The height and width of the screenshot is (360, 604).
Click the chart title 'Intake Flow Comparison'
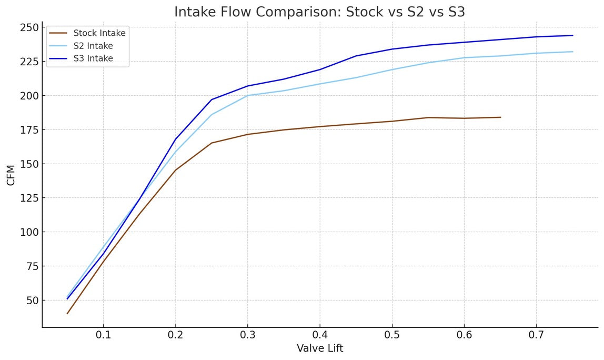click(x=319, y=12)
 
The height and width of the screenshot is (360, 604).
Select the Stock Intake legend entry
click(x=99, y=33)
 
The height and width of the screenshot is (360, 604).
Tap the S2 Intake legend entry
click(x=93, y=46)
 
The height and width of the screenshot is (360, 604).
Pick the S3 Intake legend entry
click(x=93, y=58)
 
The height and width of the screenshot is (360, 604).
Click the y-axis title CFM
click(x=11, y=175)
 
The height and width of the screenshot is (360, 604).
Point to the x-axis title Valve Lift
click(x=320, y=348)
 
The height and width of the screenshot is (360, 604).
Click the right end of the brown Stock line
click(x=500, y=117)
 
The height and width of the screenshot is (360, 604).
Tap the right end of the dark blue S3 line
click(x=572, y=35)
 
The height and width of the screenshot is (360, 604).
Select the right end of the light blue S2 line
click(x=572, y=52)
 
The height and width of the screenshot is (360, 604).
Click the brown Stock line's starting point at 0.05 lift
click(x=67, y=314)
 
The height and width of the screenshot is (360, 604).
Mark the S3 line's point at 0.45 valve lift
click(x=356, y=56)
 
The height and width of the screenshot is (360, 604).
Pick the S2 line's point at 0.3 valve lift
click(x=248, y=95)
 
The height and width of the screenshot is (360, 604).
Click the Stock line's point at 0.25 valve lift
click(x=212, y=143)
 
